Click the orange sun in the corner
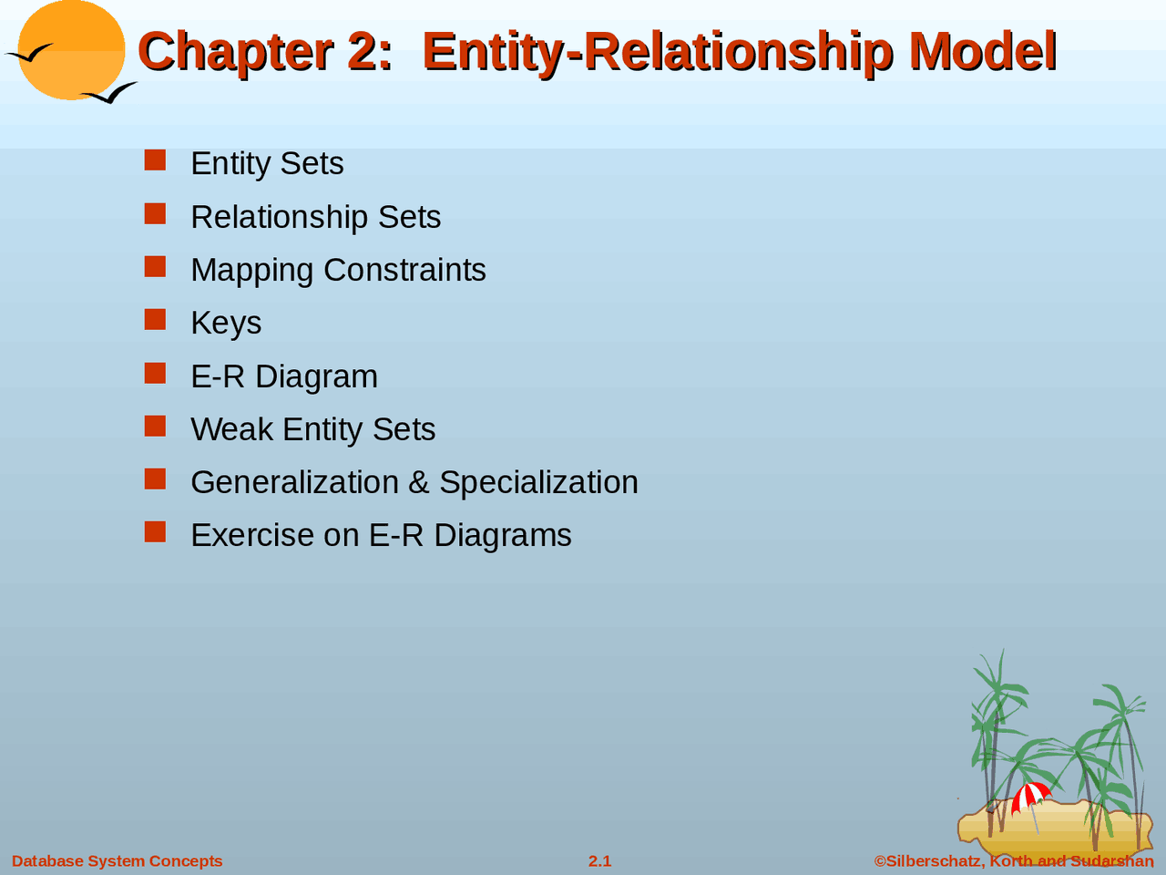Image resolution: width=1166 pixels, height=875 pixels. [x=72, y=49]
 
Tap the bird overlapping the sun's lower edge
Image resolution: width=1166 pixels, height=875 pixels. [x=110, y=93]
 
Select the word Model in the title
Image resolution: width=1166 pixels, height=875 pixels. [x=983, y=51]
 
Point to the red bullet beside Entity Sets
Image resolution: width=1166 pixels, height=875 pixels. [x=155, y=160]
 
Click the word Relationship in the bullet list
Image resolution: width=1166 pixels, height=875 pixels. [x=280, y=217]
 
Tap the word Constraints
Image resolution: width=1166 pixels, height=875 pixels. [x=404, y=270]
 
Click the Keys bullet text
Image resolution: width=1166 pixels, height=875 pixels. [x=226, y=323]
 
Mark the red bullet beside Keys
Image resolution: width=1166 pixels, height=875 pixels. [x=155, y=320]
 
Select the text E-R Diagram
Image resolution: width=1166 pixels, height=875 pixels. [x=284, y=376]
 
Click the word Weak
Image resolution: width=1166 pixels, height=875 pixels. [x=232, y=429]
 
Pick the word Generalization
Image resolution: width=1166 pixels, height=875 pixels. [x=295, y=482]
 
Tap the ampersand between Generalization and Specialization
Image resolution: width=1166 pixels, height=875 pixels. [x=419, y=482]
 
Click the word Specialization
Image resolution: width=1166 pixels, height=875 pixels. [x=538, y=482]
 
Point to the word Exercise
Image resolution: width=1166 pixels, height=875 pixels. [x=252, y=535]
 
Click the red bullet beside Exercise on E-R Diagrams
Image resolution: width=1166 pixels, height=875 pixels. [x=155, y=531]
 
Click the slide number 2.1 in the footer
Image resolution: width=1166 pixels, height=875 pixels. [x=599, y=861]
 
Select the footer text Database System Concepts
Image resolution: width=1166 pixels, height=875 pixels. [x=117, y=861]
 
